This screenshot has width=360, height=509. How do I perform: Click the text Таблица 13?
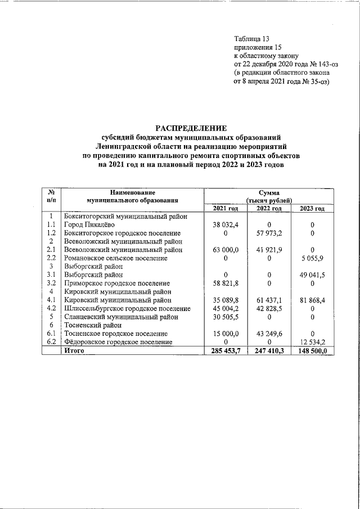click(251, 39)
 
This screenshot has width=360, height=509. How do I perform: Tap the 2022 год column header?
click(269, 209)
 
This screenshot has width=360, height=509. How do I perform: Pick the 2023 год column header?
click(312, 209)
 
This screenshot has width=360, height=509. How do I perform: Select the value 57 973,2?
click(269, 233)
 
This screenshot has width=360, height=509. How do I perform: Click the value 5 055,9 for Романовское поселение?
click(312, 258)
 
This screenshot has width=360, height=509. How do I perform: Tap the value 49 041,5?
click(312, 275)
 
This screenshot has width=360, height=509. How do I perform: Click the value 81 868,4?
click(312, 300)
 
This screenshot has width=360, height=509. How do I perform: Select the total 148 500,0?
click(312, 351)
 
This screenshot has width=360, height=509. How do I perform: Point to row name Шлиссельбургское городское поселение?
click(124, 309)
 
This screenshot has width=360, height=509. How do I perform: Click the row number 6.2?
click(51, 343)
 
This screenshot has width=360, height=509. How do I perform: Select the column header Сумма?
click(269, 192)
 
